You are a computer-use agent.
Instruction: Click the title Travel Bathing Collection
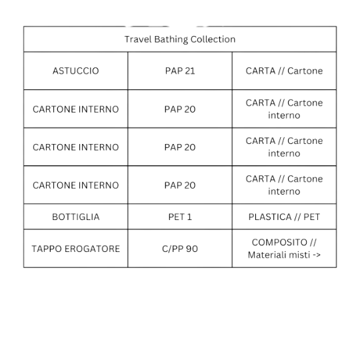point(180,39)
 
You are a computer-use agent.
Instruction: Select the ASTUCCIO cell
point(75,71)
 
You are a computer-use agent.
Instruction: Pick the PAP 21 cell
point(180,71)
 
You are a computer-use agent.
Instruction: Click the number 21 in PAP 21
point(189,71)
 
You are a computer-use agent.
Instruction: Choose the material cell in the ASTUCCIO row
point(284,71)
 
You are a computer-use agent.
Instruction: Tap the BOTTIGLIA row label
point(75,217)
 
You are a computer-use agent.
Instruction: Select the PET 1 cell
point(180,217)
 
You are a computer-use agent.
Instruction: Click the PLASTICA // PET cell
point(284,217)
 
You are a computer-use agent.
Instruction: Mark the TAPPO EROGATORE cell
point(75,249)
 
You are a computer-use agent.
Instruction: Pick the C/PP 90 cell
point(180,249)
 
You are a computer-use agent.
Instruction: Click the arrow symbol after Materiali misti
point(316,255)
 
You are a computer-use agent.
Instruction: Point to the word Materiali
point(269,255)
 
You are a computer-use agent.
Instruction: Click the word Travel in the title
point(137,39)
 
